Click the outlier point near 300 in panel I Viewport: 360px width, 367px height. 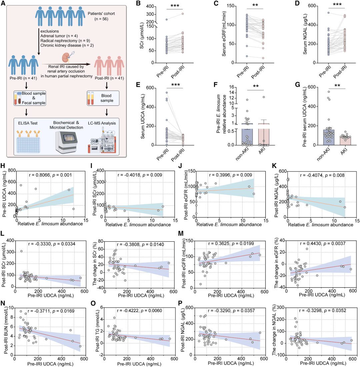105,182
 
